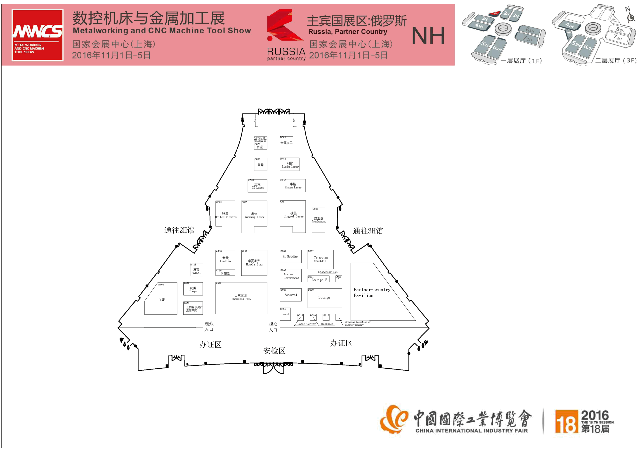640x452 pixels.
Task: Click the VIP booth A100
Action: [162, 299]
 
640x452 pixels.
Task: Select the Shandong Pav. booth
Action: [241, 298]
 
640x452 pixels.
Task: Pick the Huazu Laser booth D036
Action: [293, 186]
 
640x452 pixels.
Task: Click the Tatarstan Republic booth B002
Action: [320, 259]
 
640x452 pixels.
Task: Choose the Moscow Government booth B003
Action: [291, 276]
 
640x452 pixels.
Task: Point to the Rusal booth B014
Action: [285, 314]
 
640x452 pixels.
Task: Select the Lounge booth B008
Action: [324, 298]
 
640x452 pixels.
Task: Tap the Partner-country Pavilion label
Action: [372, 293]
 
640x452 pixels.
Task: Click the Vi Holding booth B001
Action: [290, 256]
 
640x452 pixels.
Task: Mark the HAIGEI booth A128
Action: [196, 270]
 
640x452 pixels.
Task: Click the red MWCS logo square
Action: [37, 35]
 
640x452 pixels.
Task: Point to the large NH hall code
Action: [428, 36]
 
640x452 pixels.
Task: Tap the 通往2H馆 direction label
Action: [179, 230]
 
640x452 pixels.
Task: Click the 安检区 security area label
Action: [274, 351]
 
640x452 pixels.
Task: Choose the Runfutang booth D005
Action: [318, 220]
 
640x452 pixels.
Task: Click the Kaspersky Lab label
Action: [328, 272]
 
